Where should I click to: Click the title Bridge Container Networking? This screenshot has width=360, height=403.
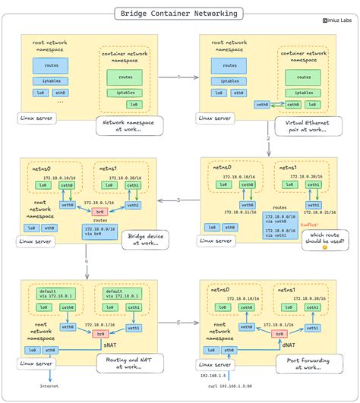coord(179,14)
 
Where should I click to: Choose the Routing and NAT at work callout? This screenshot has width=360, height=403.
coord(124,362)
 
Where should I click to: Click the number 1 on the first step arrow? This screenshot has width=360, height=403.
coord(178,77)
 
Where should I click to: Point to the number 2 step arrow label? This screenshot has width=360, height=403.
coord(268,139)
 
